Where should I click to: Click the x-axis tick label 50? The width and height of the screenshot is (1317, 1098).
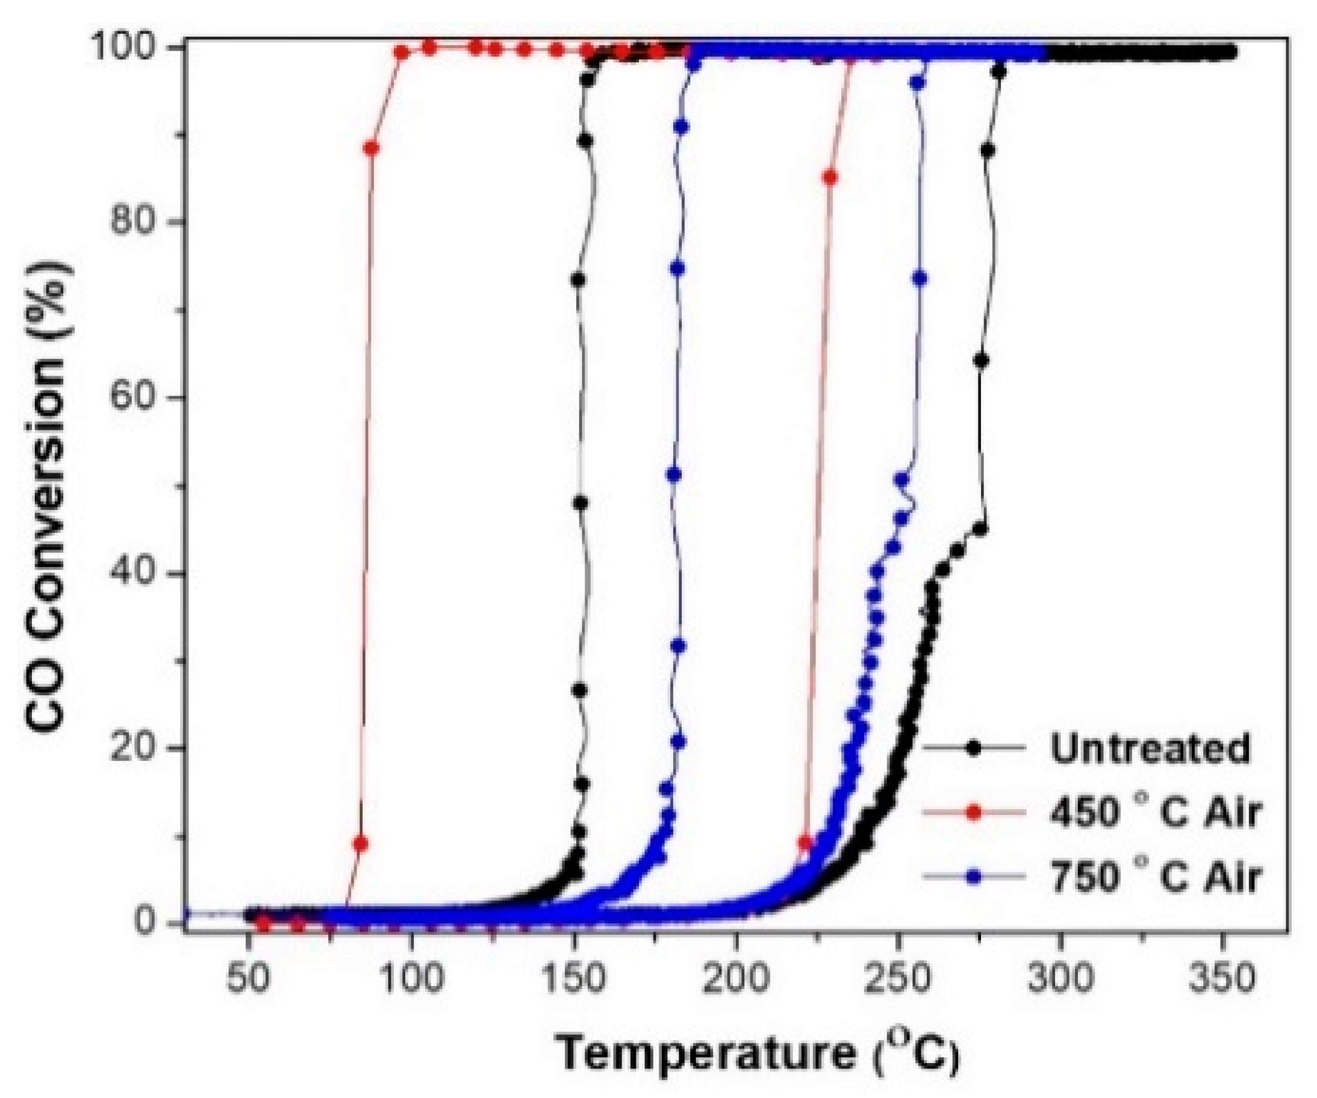point(249,979)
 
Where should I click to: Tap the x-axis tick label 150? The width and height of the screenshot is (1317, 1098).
point(573,979)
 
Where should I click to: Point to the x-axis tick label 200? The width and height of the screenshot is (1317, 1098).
point(736,979)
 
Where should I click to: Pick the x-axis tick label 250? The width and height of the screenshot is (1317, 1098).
point(898,979)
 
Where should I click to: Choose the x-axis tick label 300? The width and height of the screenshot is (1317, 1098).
point(1060,979)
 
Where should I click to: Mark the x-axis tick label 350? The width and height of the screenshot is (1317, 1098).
point(1222,979)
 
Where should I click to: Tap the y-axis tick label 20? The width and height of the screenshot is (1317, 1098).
point(133,748)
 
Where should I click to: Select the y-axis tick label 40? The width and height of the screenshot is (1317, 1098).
point(133,572)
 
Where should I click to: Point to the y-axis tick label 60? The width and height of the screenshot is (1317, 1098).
point(133,397)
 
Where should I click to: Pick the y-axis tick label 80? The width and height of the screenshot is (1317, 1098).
point(133,222)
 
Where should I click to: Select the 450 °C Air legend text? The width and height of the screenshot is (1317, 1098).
point(1154,812)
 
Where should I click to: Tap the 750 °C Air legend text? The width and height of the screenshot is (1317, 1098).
point(1154,876)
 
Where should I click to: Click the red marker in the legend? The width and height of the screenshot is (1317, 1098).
point(973,813)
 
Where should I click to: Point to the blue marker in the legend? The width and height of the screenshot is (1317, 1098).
point(973,877)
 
